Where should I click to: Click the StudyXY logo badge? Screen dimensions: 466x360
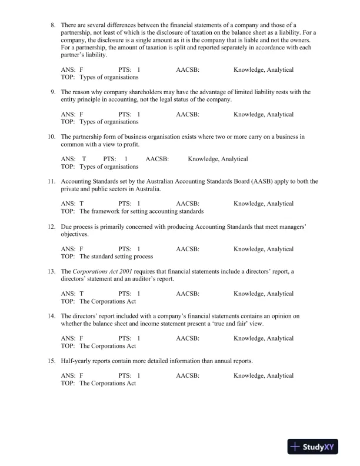pos(316,447)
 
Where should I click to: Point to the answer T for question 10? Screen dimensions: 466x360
pos(84,159)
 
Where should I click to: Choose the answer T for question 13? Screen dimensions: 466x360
pos(81,293)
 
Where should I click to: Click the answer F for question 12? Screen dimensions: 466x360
pos(81,249)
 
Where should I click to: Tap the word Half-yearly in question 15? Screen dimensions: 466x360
pos(75,361)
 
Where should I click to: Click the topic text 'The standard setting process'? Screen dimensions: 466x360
pos(116,257)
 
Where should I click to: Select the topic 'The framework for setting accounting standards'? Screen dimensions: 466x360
pos(142,211)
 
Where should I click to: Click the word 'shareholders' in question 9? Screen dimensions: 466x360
pos(129,92)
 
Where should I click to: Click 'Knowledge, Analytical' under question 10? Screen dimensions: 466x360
pos(218,159)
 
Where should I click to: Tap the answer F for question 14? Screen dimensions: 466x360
pos(81,338)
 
